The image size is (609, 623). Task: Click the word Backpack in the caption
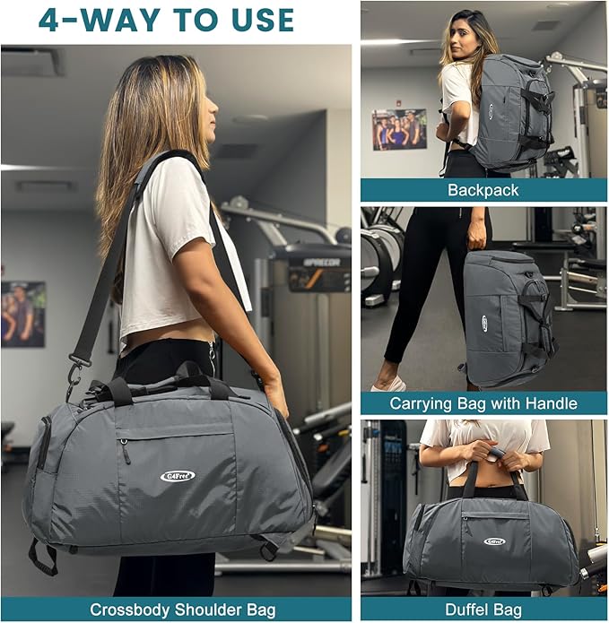483,191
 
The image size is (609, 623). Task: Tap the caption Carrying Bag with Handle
483,403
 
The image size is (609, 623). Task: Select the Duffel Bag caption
483,610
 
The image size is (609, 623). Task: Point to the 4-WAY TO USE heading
166,20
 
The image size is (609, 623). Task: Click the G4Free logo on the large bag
177,476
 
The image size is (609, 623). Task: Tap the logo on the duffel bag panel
494,541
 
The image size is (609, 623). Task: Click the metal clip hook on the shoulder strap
75,365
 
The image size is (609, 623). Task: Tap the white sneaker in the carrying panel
389,384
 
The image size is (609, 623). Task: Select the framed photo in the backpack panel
399,129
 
